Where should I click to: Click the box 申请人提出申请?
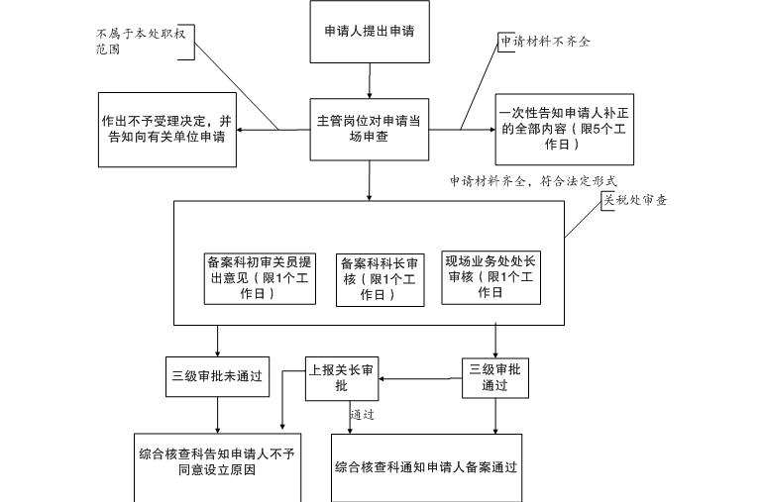click(x=370, y=32)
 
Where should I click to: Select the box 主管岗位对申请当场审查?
click(x=369, y=129)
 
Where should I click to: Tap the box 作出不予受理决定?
click(x=166, y=129)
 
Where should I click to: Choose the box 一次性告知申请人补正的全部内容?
click(x=564, y=129)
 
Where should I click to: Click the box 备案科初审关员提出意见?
click(x=260, y=278)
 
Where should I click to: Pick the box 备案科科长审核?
click(x=379, y=279)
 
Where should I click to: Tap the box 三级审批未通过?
click(x=217, y=376)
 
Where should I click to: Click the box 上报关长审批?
click(x=342, y=378)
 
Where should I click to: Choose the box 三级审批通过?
click(x=494, y=378)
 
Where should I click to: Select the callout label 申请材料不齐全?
click(x=545, y=42)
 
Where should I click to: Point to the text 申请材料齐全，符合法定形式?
click(x=533, y=182)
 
